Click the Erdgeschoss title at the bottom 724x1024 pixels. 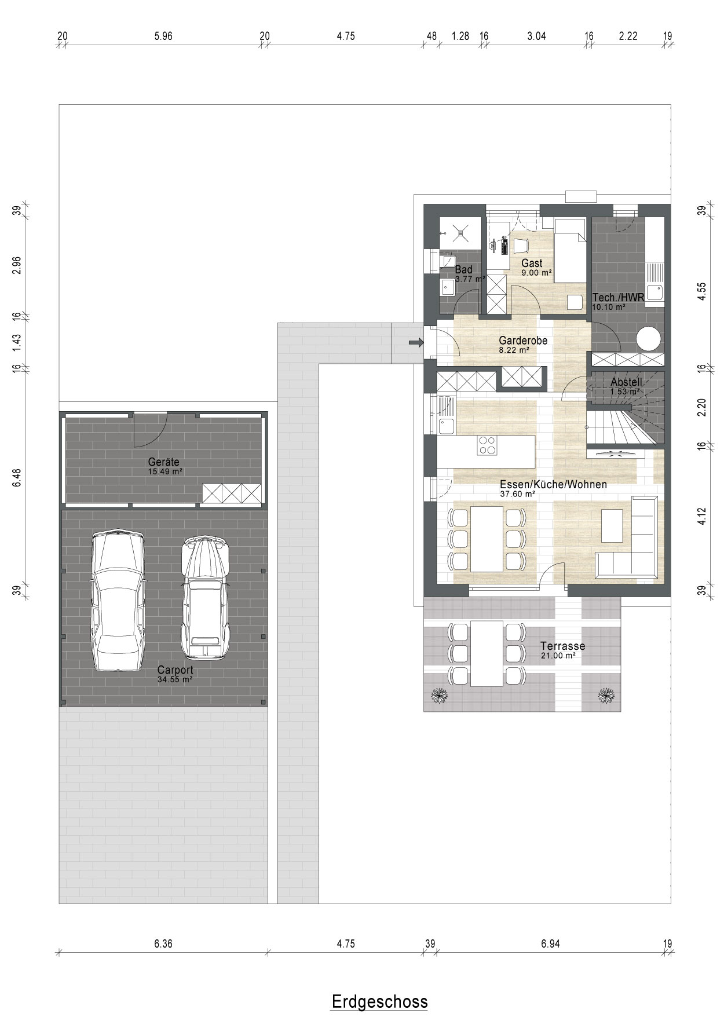point(379,1001)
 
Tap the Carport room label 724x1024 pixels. point(175,670)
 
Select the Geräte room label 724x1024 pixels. point(163,462)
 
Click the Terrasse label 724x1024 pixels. point(562,646)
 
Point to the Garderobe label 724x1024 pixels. point(523,341)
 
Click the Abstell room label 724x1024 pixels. point(627,382)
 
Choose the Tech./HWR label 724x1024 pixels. point(618,298)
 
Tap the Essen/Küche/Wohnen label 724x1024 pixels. point(553,484)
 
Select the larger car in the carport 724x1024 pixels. point(116,600)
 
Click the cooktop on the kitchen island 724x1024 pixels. point(487,445)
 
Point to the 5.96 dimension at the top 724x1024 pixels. point(163,36)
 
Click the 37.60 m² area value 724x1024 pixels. point(517,494)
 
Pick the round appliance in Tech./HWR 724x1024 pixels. point(649,339)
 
